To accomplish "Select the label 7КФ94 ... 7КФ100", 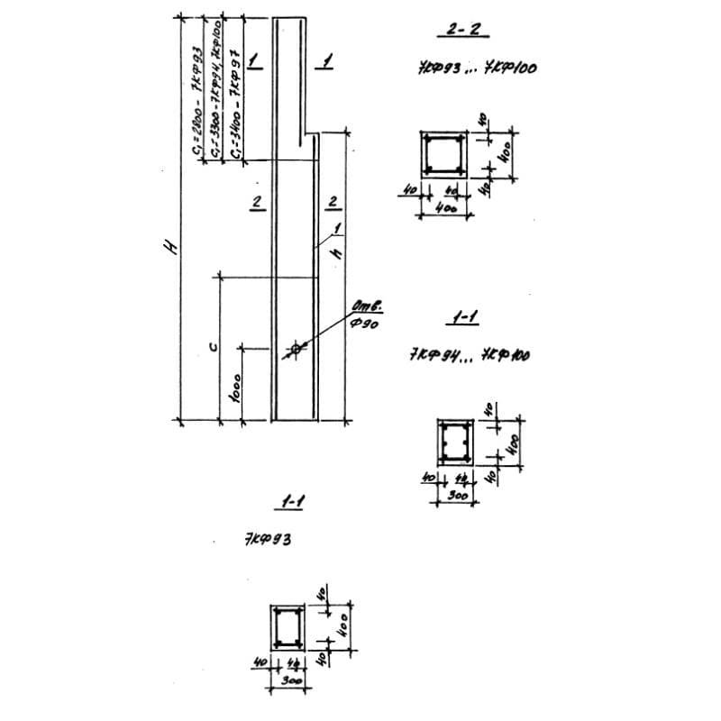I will (469, 355).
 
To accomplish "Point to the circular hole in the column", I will (295, 349).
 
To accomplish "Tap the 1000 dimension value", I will (236, 390).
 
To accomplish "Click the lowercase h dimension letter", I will (335, 254).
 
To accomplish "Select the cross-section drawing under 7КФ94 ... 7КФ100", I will (453, 443).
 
